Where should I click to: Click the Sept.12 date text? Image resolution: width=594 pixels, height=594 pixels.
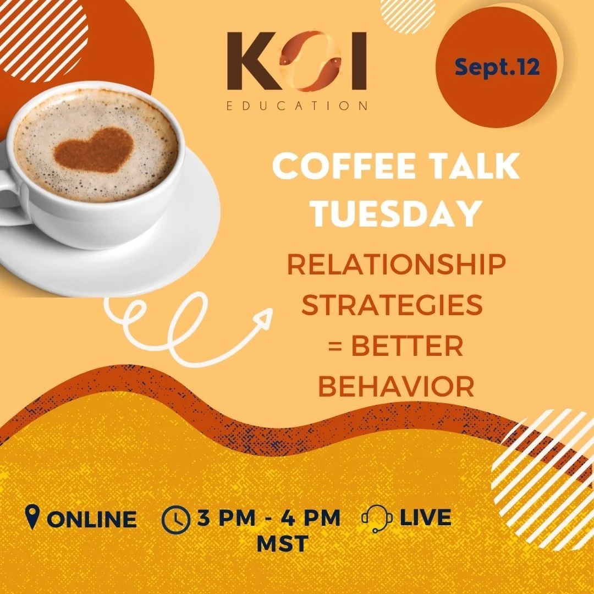(x=497, y=68)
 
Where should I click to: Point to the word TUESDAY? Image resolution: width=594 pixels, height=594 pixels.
(x=395, y=214)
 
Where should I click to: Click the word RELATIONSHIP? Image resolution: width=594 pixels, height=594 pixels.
(x=395, y=266)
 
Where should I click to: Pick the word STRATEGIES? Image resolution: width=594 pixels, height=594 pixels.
(x=392, y=306)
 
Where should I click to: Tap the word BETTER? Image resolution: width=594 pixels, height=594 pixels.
(x=408, y=347)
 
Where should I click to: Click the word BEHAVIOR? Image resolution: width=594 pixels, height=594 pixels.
(x=396, y=387)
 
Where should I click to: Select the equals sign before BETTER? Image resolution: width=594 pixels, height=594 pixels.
(x=336, y=348)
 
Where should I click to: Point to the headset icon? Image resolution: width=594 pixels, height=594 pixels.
(x=377, y=518)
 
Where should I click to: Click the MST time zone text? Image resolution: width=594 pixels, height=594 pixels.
(x=282, y=544)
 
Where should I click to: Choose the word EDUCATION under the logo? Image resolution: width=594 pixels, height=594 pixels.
(x=297, y=106)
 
